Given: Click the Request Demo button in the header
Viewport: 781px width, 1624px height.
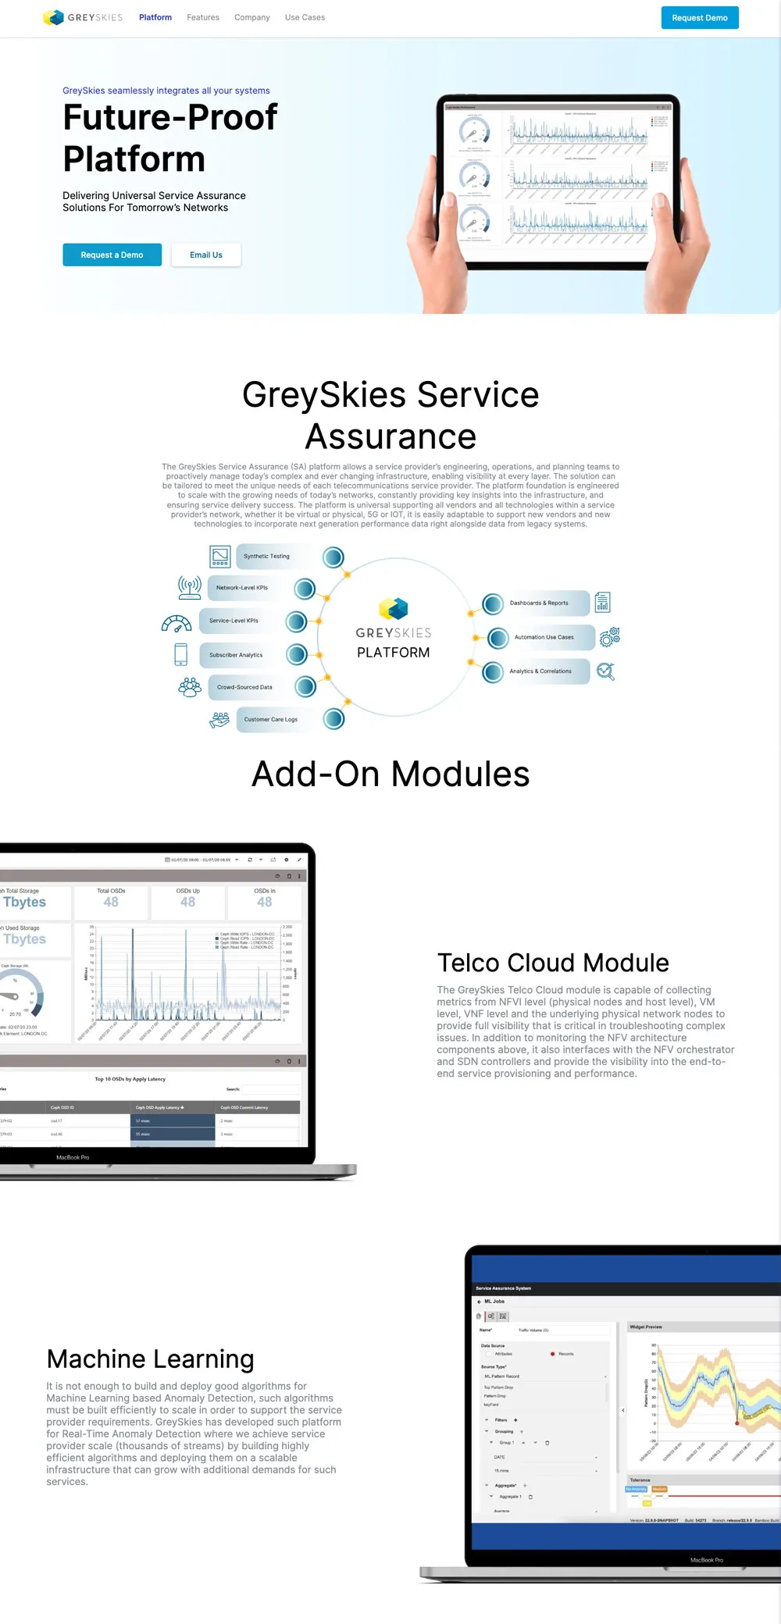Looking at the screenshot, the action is pos(699,18).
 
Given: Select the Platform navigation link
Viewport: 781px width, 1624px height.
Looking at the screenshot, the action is pos(155,17).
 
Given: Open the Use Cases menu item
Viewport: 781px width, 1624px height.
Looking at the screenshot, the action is pos(305,17).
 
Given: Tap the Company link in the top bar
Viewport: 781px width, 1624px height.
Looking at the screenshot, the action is pos(251,17).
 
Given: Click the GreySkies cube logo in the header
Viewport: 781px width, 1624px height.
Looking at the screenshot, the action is pos(53,17).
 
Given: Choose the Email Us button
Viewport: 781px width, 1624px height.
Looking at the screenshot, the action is pos(206,255).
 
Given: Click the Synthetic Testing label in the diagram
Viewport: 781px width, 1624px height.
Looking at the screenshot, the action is pos(266,557).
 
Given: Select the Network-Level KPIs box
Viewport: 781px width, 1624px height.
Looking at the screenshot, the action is pos(242,588).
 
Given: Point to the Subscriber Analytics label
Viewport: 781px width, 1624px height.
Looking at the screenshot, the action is pos(236,655).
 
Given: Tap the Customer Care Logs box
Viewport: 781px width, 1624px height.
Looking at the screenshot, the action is pos(270,720).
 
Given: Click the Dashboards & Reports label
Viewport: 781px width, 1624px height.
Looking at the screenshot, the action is pos(539,604).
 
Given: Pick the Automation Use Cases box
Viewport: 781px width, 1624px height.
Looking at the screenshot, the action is pos(544,638).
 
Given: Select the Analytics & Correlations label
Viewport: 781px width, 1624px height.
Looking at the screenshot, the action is pos(540,671).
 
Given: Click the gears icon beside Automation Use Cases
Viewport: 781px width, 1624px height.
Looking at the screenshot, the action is pos(609,637).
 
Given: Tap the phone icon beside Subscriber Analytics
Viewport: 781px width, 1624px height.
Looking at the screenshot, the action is pos(181,654).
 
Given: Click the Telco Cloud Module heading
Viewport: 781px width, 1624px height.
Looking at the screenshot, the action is pos(553,963).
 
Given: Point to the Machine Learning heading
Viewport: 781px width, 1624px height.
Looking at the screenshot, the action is pos(151,1359).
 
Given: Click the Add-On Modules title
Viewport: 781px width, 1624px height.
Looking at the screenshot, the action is pos(390,775).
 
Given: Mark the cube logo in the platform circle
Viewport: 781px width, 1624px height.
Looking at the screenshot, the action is pos(394,608).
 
